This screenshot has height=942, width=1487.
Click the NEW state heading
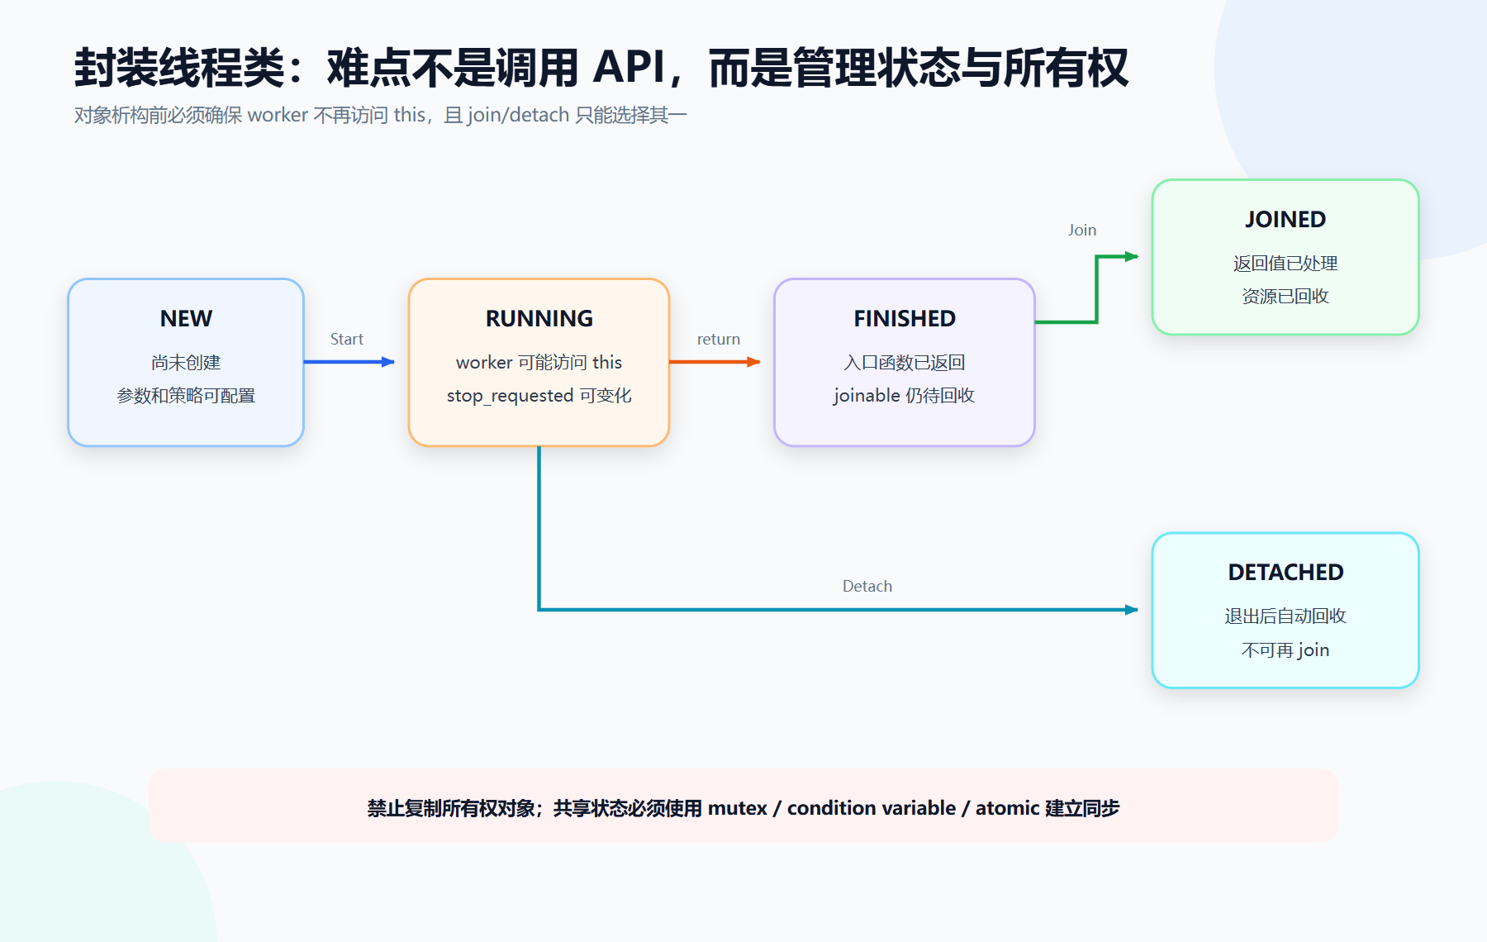click(x=186, y=318)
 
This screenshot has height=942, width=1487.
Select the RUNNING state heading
click(x=539, y=318)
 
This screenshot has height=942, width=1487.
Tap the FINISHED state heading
click(x=905, y=318)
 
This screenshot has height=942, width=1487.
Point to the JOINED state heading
click(x=1285, y=219)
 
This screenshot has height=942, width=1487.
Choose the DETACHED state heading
click(x=1285, y=572)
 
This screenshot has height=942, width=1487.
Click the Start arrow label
click(x=347, y=339)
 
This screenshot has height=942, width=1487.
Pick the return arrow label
click(x=719, y=339)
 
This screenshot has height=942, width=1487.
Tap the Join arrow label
click(x=1082, y=230)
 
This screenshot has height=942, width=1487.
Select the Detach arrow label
click(x=867, y=586)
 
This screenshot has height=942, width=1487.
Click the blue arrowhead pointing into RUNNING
click(x=388, y=362)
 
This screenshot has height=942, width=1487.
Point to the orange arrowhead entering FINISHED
click(x=753, y=362)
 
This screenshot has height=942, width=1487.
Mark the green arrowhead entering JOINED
click(x=1132, y=257)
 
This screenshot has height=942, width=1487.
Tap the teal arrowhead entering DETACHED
click(x=1132, y=610)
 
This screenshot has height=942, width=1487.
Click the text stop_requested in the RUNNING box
click(x=510, y=396)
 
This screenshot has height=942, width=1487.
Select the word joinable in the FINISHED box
click(x=867, y=396)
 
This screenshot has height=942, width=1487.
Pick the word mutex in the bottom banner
click(x=738, y=808)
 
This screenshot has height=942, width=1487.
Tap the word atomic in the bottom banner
click(x=1008, y=808)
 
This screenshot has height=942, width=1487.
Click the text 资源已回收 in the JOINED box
click(x=1285, y=296)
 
